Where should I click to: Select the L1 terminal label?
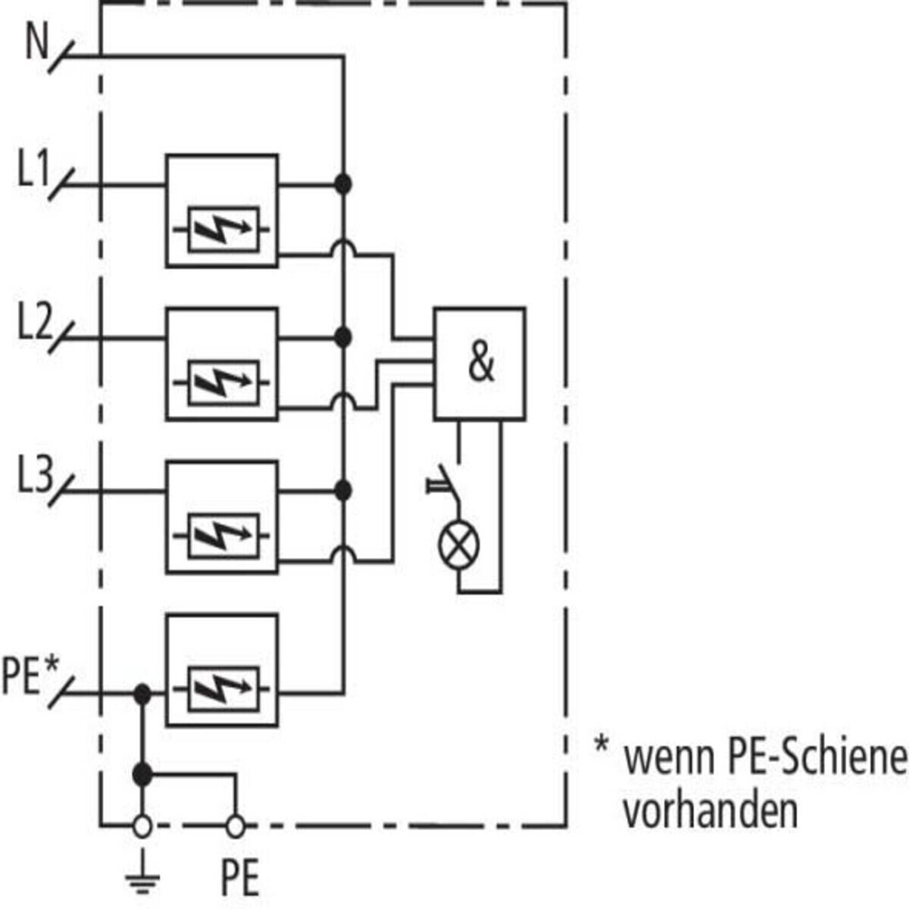[33, 168]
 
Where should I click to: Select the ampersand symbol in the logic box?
[481, 362]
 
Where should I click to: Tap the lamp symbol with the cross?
[458, 545]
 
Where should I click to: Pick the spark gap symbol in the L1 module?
[222, 230]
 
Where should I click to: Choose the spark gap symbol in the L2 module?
[222, 383]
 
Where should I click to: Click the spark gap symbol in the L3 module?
[222, 536]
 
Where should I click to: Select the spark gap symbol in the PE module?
[222, 689]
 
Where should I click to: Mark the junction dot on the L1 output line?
[343, 184]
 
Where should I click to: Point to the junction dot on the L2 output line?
[343, 337]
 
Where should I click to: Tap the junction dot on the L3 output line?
[343, 491]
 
